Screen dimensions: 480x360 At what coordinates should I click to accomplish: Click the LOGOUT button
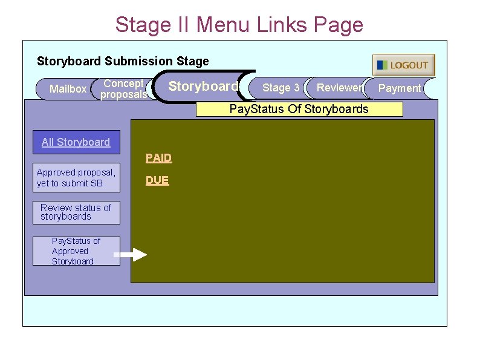point(403,65)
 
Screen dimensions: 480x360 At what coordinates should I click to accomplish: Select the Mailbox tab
point(68,89)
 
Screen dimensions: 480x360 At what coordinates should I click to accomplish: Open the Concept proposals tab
point(123,89)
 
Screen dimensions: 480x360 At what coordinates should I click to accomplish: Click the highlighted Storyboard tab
point(203,87)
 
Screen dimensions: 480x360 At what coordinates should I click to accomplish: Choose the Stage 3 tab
point(281,88)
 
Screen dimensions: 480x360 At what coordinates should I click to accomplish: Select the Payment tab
point(400,88)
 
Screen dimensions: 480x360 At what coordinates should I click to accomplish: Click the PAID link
point(158,158)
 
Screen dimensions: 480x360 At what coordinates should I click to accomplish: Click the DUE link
point(157,180)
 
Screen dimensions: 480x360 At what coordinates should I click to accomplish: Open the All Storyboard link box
point(76,142)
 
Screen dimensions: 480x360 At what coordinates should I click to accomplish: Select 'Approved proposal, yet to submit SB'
point(76,178)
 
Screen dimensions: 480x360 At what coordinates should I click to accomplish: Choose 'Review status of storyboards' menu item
point(76,212)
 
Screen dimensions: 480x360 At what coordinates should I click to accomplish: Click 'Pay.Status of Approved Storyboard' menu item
point(76,251)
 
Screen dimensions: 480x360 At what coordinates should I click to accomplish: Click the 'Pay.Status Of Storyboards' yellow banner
point(299,109)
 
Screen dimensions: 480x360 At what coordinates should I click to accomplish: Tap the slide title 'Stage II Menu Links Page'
point(239,25)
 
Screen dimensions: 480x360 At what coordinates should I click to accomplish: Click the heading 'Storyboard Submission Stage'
point(123,61)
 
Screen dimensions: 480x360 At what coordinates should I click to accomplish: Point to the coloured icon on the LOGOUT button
point(382,65)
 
